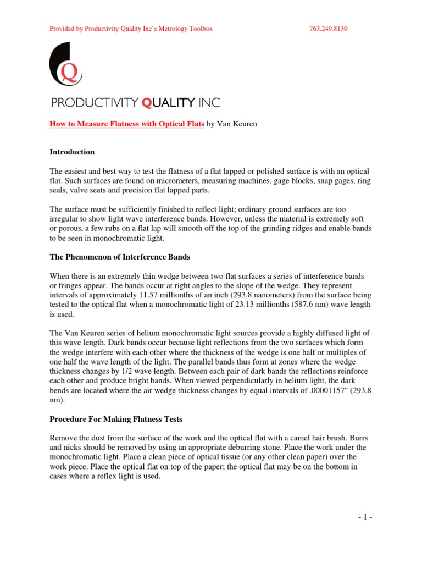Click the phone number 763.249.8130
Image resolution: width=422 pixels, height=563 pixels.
[329, 29]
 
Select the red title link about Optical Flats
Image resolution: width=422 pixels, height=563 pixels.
[127, 125]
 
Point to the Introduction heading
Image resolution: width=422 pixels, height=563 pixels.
[72, 152]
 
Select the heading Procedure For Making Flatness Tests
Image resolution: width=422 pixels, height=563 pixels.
[116, 420]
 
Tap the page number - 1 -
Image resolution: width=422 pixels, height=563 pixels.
[364, 517]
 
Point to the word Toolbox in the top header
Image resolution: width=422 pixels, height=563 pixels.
[199, 29]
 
